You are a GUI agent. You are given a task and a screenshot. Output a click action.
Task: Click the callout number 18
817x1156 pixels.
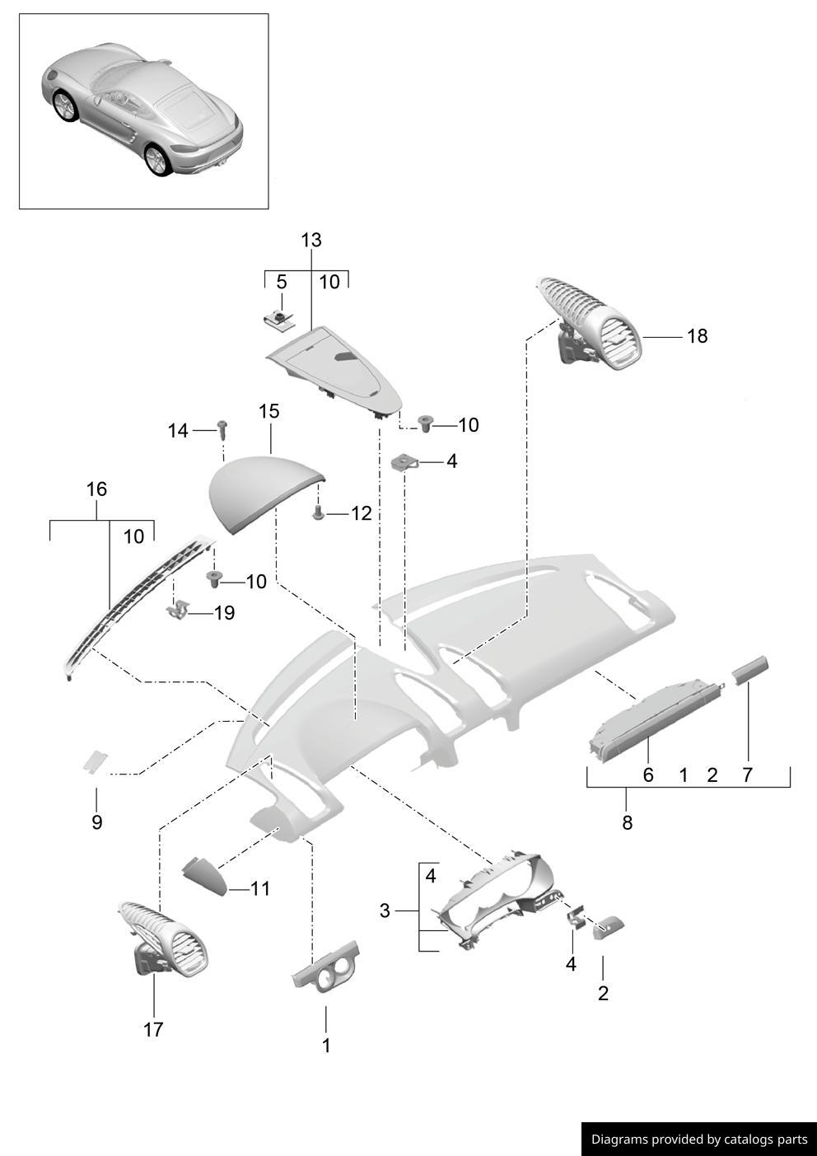point(697,336)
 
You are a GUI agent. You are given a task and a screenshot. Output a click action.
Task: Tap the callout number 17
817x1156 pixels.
point(153,1029)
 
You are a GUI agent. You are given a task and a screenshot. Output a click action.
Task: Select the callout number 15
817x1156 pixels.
point(269,410)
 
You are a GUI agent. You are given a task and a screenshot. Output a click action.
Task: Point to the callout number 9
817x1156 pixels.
point(96,821)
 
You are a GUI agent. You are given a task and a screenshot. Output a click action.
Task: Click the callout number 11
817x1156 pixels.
point(260,889)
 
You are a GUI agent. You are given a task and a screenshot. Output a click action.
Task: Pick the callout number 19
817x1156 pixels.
point(224,613)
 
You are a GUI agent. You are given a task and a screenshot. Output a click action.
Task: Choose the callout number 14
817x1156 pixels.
point(178,431)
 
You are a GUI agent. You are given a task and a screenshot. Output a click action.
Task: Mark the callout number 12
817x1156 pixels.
point(361,513)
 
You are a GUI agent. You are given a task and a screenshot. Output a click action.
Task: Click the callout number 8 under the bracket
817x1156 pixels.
point(628,821)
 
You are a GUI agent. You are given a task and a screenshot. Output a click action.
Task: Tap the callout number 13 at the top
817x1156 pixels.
point(311,241)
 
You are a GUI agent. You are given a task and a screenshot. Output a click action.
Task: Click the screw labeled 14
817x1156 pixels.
point(222,428)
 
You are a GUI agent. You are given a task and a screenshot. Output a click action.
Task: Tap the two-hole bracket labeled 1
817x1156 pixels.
point(327,966)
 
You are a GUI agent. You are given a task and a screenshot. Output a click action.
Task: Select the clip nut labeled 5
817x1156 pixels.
point(280,320)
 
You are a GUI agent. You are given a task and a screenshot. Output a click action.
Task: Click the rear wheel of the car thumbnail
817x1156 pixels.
point(156,160)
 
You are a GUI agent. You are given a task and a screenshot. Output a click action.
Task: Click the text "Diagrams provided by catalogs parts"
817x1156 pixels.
point(699,1140)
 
